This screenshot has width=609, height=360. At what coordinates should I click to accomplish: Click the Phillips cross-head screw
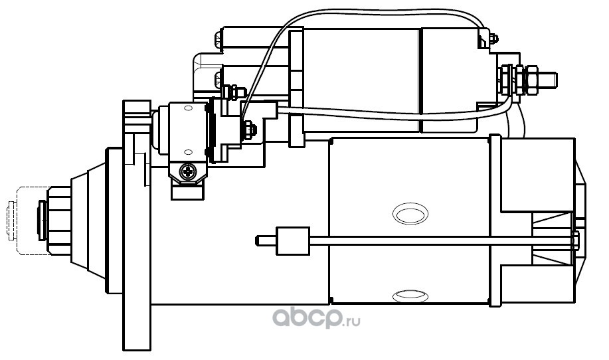coord(189,171)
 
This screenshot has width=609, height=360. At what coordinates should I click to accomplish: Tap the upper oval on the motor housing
coord(410,213)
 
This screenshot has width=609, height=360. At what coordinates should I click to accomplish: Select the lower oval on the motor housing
coord(410,297)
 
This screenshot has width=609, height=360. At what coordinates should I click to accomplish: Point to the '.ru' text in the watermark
coord(352,321)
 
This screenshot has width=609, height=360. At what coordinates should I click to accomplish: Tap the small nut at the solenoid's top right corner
coord(493,39)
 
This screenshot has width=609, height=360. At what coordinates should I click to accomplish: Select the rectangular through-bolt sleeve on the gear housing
coord(293,241)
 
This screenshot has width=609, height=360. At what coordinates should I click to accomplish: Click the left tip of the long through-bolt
coord(257,241)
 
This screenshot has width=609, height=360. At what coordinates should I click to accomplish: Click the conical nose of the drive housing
coord(88,221)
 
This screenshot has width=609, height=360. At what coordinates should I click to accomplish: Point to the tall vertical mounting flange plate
coord(136,225)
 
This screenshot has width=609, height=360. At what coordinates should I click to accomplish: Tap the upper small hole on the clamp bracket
coord(188,108)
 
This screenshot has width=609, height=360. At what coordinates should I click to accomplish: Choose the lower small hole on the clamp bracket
coord(188,151)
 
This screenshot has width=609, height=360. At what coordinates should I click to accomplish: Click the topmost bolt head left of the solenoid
coord(218,39)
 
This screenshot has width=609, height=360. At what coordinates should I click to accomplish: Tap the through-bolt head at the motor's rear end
coord(576,241)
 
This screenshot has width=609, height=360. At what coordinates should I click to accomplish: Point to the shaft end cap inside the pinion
coord(42,221)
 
